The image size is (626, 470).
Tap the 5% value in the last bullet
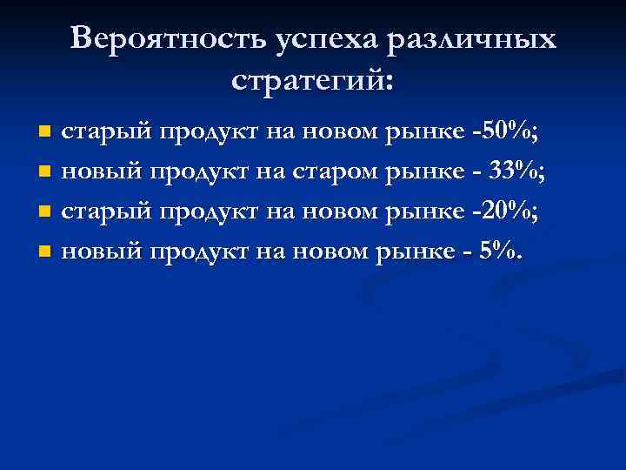pos(503,252)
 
